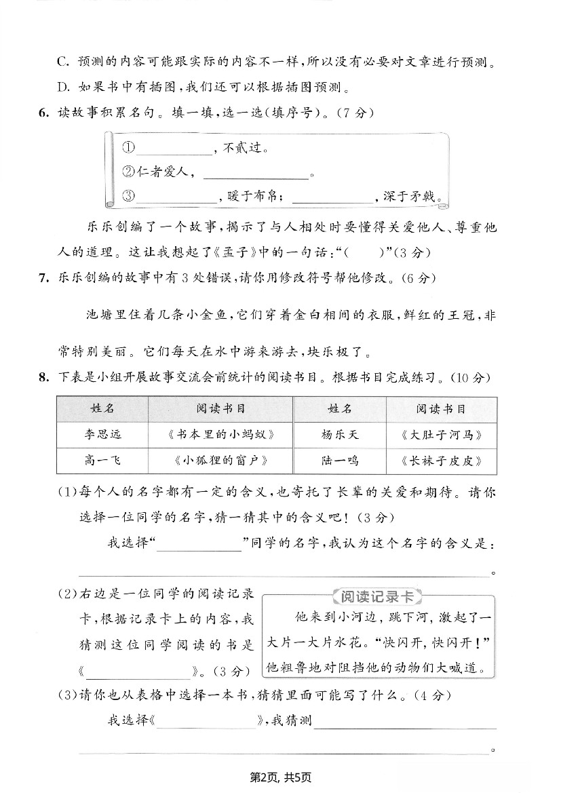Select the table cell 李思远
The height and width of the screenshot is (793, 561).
[102, 435]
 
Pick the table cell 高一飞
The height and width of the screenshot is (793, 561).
[102, 461]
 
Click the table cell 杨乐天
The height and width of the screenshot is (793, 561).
[339, 435]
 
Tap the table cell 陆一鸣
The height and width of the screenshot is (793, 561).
[339, 461]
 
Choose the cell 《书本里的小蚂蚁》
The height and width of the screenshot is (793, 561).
[220, 435]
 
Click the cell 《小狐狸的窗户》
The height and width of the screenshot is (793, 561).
[220, 461]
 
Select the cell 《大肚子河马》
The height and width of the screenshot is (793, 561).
[441, 435]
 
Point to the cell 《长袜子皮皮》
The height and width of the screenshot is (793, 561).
[441, 461]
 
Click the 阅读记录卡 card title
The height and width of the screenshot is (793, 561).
[376, 597]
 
